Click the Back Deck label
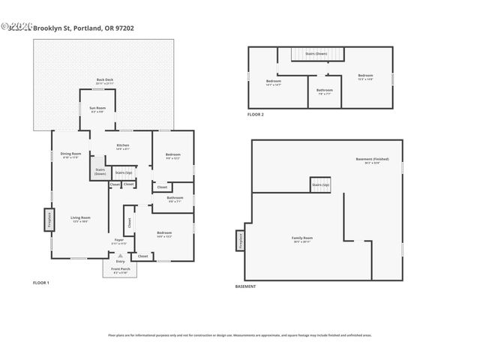tap(105, 80)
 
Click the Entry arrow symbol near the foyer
tap(120, 256)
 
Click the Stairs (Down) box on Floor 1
tap(100, 170)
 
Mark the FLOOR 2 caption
tap(256, 115)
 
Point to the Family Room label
tap(302, 239)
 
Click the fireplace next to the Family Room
tap(240, 239)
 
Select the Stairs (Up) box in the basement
tap(320, 184)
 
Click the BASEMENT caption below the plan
tap(245, 286)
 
